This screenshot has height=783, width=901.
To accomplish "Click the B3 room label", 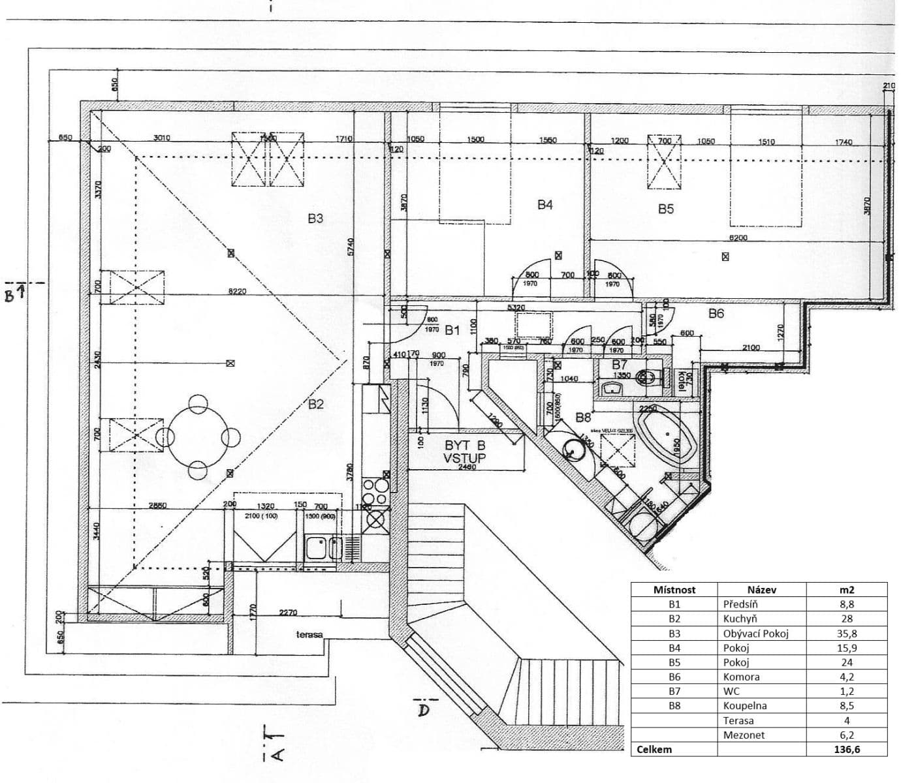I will tap(315, 219).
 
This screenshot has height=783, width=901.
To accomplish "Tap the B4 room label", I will tap(545, 205).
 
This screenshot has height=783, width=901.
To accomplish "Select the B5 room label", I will tap(665, 209).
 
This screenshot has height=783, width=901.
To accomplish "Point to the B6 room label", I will tap(716, 314).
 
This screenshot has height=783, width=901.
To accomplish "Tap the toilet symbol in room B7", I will tap(647, 377).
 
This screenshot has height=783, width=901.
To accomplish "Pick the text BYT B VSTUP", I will tap(465, 452).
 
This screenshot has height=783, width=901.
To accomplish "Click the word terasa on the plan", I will tap(309, 634).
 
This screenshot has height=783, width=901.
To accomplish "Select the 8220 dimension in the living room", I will tap(237, 292).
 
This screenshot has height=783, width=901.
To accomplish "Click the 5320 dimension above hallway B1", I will tap(516, 307).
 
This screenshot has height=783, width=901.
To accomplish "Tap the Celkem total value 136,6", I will tap(847, 750).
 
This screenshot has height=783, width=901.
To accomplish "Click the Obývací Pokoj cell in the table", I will tap(755, 634).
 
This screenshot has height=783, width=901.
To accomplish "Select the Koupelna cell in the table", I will tap(745, 705).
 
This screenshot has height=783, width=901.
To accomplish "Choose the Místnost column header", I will tap(674, 589).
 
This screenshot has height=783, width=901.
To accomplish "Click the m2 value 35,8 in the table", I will tap(847, 634).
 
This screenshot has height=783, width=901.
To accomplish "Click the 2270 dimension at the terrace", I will tap(288, 613).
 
